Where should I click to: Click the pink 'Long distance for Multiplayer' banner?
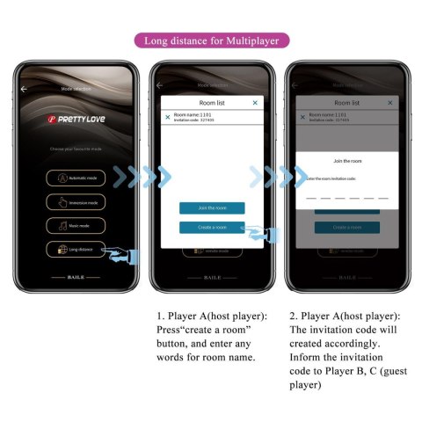210,40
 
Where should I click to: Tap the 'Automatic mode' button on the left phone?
76,178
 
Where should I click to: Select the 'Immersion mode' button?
76,201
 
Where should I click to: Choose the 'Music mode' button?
76,225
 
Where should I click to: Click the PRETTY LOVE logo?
76,118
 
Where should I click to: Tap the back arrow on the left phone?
25,88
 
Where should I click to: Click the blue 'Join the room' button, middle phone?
212,208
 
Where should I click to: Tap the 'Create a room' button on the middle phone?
212,227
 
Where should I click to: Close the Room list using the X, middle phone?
255,103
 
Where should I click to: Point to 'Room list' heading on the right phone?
347,102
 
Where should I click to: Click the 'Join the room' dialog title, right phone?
347,161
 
